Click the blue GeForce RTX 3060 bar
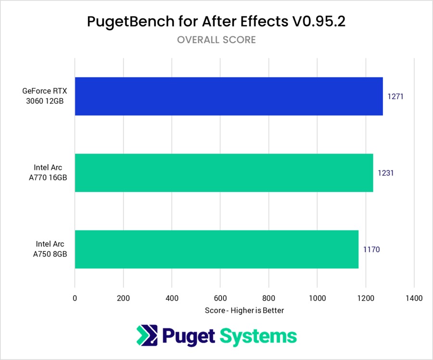pos(229,96)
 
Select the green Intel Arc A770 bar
pos(224,173)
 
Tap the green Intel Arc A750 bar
pos(216,249)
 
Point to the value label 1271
pos(395,96)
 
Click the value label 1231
pos(386,173)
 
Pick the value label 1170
pos(371,250)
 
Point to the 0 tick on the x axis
pos(75,298)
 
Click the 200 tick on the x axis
pos(123,298)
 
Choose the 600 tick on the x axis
pos(220,298)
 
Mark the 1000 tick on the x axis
pos(317,298)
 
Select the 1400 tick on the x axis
pos(414,298)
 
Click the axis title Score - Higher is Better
pos(244,310)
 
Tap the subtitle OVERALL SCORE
pos(216,40)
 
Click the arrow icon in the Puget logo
pos(145,335)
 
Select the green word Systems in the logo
pos(259,335)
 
